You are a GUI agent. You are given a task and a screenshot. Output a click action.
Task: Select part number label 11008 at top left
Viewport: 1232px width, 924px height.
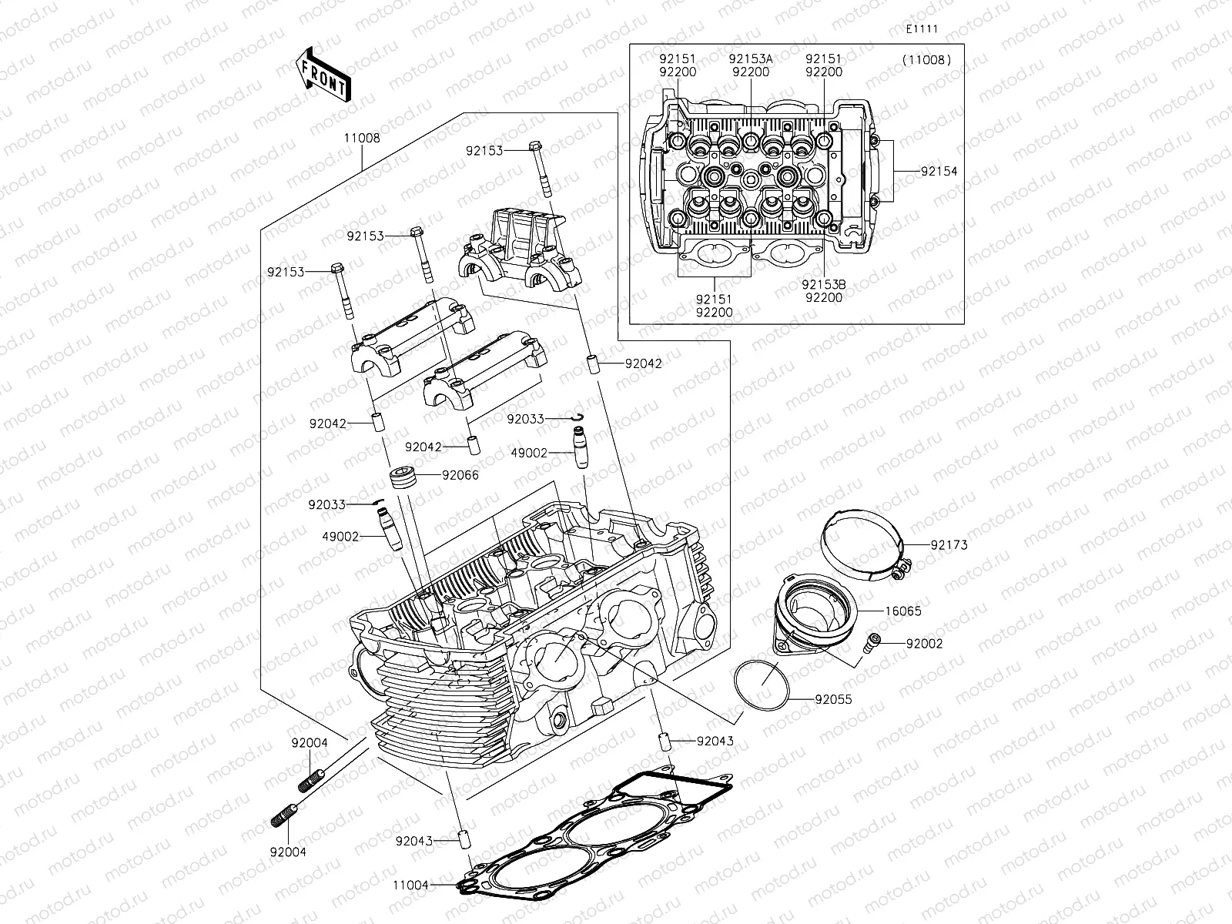point(361,139)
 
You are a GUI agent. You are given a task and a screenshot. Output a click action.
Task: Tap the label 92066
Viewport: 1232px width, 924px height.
point(460,475)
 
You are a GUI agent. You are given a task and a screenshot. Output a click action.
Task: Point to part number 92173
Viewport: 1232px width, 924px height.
point(949,545)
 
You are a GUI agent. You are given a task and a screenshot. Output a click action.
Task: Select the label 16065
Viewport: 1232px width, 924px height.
point(902,611)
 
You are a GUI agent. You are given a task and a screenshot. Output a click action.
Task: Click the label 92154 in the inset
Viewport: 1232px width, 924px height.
point(939,171)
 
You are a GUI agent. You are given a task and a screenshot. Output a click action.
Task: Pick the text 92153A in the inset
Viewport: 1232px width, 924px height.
point(750,59)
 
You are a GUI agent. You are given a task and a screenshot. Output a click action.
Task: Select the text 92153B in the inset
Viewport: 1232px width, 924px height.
point(824,284)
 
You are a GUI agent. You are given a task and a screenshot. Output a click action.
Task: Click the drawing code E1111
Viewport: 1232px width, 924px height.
point(921,29)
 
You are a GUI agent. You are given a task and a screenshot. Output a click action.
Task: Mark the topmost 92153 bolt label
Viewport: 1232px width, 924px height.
point(484,151)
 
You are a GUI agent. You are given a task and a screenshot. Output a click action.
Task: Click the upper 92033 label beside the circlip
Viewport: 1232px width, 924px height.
point(525,419)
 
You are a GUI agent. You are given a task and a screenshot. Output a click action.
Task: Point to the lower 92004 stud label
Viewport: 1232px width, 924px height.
point(288,852)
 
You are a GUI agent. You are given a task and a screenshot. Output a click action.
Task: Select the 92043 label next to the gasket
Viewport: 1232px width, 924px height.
point(415,842)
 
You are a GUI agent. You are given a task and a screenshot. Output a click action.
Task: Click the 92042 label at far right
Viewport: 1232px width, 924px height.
point(644,363)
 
